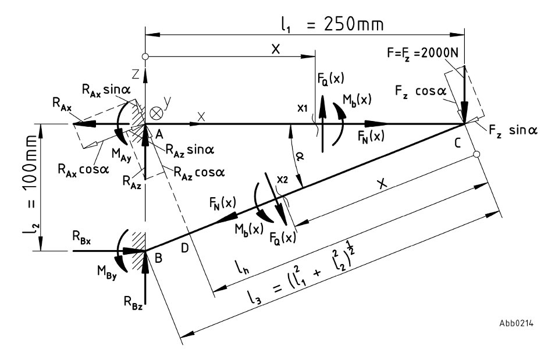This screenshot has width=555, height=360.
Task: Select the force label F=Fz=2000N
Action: click(422, 53)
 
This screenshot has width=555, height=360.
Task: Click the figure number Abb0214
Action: click(517, 323)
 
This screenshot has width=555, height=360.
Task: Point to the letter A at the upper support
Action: click(159, 134)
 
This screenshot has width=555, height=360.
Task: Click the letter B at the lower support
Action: click(158, 258)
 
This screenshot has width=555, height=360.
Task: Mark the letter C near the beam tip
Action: click(457, 144)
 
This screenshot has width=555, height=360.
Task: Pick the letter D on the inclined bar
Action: click(185, 248)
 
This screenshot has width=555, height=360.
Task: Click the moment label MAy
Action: click(122, 155)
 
